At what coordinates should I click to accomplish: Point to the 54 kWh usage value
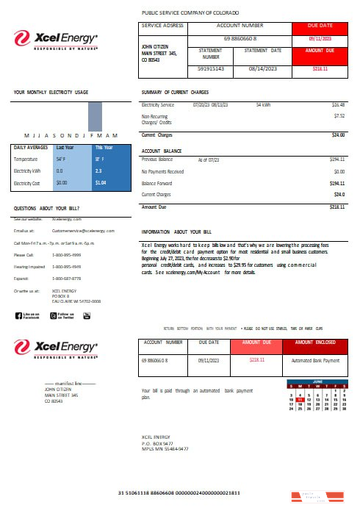[264, 105]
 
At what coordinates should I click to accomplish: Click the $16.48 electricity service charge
[338, 105]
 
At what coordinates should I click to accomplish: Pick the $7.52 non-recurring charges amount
[339, 115]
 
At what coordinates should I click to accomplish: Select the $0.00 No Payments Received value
[339, 171]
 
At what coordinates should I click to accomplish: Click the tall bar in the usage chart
[95, 116]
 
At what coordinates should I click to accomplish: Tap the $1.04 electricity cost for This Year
[101, 182]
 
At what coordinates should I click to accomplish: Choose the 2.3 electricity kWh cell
[98, 171]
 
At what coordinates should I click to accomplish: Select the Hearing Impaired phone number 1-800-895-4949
[67, 267]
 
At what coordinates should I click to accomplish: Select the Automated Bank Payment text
[315, 361]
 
